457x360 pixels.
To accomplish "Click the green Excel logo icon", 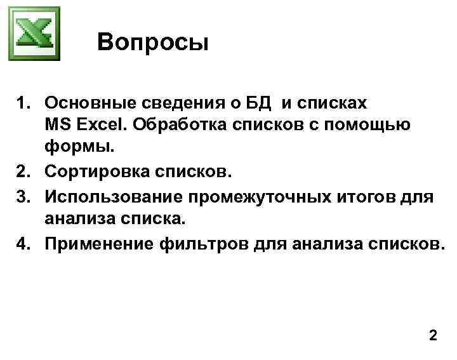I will [34, 34].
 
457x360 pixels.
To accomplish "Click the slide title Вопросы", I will [153, 43].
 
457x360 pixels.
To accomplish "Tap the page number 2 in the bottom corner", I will [433, 335].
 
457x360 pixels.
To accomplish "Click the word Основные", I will [88, 103].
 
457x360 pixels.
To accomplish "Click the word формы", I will [79, 148].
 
